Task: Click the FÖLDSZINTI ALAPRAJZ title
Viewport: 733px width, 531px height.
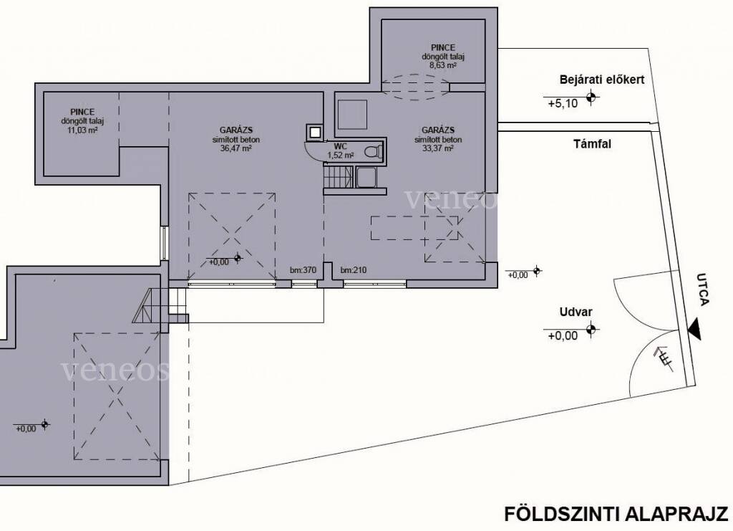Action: point(616,514)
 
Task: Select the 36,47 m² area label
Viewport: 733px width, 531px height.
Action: point(236,148)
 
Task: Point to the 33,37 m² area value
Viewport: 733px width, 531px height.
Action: point(437,148)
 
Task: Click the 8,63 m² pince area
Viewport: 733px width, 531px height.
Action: point(443,65)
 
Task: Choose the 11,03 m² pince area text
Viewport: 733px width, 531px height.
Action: point(82,130)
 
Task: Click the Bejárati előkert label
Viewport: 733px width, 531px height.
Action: point(601,80)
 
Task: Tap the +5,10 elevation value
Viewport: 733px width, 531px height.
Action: point(563,103)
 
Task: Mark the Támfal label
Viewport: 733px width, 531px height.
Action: point(592,144)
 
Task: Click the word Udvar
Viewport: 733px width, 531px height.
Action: point(576,312)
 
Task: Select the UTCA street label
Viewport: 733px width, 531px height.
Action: point(703,290)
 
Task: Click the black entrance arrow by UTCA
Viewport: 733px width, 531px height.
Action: point(694,329)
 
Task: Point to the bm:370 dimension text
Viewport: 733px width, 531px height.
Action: point(303,270)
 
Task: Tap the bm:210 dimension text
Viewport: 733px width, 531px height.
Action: point(354,270)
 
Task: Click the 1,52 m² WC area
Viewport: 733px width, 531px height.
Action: point(340,156)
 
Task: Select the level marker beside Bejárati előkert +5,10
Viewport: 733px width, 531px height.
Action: point(592,97)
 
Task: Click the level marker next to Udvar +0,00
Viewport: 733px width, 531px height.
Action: point(592,330)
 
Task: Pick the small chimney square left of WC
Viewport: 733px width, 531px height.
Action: point(315,133)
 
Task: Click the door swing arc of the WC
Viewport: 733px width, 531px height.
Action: point(310,153)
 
